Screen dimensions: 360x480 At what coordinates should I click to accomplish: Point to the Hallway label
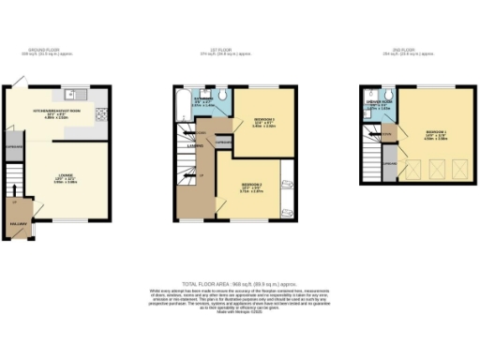(18, 224)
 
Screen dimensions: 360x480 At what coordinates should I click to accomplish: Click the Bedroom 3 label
(263, 121)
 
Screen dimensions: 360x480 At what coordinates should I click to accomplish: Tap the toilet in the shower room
(373, 94)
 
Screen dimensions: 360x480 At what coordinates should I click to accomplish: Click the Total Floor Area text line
(239, 281)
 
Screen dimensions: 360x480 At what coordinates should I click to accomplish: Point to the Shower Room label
(381, 103)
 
